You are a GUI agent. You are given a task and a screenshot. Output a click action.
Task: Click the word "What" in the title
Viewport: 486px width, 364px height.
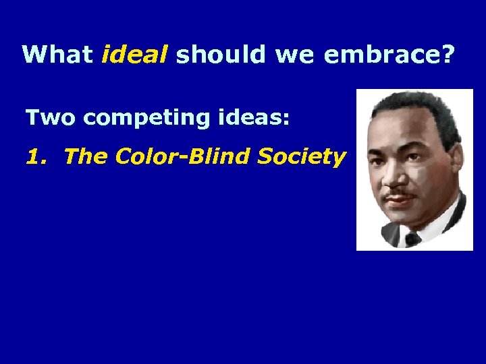coord(57,54)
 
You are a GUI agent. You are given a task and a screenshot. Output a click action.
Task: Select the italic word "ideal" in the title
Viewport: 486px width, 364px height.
coord(134,54)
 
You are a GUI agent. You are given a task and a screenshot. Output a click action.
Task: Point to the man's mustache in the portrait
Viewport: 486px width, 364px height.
coord(399,195)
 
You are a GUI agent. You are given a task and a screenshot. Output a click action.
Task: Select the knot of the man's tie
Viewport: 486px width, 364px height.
coord(412,238)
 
